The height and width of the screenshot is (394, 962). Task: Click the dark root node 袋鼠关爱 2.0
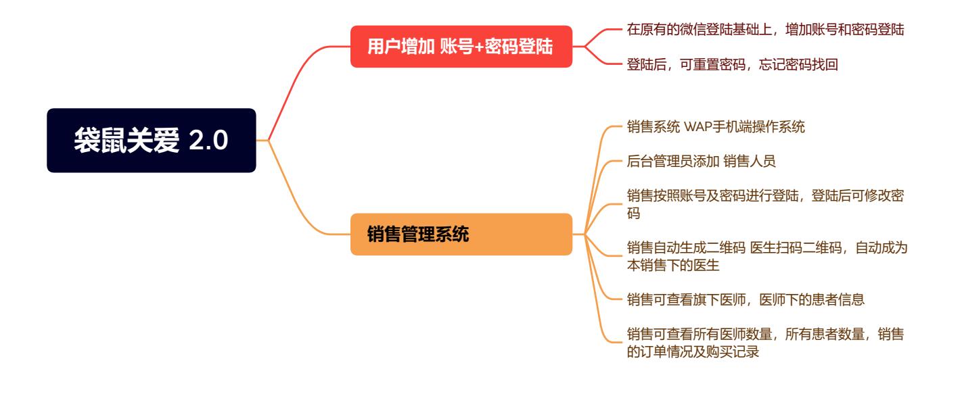click(151, 141)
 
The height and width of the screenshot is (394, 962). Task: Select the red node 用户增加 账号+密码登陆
click(461, 47)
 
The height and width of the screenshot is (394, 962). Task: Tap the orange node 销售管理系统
click(461, 235)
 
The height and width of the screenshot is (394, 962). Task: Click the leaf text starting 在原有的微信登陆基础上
click(765, 29)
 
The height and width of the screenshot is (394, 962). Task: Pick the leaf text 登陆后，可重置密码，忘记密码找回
click(732, 64)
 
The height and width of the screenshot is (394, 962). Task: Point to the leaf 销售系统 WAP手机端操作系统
click(716, 126)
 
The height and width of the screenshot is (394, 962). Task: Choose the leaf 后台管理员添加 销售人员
click(701, 161)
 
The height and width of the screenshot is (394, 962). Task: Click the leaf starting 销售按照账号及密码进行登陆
click(765, 204)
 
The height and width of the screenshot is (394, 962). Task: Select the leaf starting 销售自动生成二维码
click(767, 256)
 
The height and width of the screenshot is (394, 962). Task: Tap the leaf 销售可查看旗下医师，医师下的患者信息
click(746, 299)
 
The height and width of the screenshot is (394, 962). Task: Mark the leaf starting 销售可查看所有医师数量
click(765, 343)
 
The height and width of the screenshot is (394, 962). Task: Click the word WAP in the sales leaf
click(697, 127)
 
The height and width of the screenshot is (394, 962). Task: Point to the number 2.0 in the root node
click(208, 141)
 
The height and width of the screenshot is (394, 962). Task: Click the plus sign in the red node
click(479, 47)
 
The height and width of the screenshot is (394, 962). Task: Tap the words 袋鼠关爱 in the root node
click(127, 141)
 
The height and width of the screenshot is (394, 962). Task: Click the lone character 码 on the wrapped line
click(633, 214)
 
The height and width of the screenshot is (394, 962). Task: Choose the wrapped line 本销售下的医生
click(673, 265)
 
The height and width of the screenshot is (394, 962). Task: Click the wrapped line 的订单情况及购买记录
click(693, 351)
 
